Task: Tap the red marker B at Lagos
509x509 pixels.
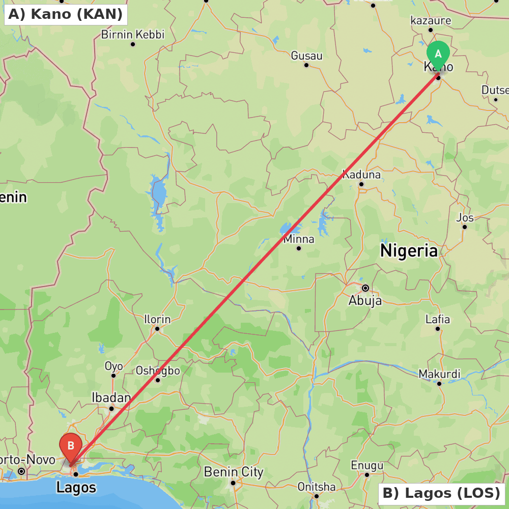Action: pos(71,446)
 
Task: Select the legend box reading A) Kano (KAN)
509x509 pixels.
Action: pos(66,14)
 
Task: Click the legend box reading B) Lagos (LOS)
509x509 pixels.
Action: pos(441,493)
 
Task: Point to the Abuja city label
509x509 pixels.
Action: pos(365,301)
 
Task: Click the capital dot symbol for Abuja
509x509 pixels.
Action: pos(365,288)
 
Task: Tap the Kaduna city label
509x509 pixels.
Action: pos(361,175)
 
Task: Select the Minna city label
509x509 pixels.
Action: pos(299,239)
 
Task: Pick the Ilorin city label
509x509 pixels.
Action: pos(157,320)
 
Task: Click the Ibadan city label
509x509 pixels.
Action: pos(111,398)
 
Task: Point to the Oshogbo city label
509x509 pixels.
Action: pos(158,371)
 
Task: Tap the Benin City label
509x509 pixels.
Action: pos(234,472)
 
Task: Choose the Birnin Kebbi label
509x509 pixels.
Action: pos(133,35)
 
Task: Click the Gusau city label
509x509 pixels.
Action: pos(306,55)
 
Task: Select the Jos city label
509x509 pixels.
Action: pos(465,218)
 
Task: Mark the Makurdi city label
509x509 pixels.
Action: pos(439,374)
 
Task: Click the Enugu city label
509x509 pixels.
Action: pos(367,465)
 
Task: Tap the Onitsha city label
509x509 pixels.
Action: pos(316,487)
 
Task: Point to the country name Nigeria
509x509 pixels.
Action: pos(409,250)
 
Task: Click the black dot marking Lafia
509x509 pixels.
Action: pos(438,329)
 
